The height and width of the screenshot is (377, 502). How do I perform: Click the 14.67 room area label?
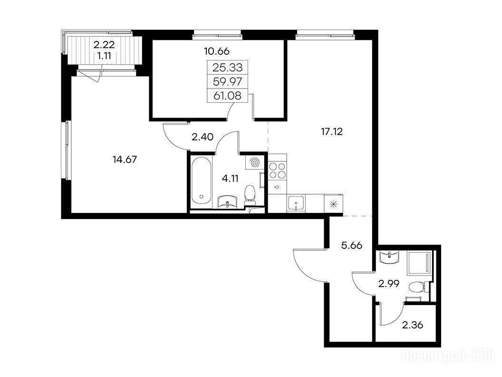pos(125,159)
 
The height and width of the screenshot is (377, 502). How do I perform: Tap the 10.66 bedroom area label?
pos(217,51)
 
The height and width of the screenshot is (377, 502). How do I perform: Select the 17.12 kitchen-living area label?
pos(332,131)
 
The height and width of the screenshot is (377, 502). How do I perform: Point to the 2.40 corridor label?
pos(203,137)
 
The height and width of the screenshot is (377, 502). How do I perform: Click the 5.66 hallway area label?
pos(351,246)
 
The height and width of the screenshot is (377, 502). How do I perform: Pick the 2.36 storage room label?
pos(413,326)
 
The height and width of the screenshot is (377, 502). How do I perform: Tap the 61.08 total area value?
pos(228,96)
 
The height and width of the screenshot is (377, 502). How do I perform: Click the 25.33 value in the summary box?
pos(228,67)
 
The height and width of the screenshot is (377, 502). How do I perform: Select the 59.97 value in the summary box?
pos(228,81)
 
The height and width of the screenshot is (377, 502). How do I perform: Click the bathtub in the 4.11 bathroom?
pos(202,182)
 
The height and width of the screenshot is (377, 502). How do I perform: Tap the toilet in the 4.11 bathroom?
pos(250,195)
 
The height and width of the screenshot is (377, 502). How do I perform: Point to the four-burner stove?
pos(278,170)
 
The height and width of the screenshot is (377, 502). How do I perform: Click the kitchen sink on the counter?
pos(296,203)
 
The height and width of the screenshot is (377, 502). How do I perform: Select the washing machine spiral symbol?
pos(255,162)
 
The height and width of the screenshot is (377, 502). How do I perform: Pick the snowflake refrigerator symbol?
pos(333,204)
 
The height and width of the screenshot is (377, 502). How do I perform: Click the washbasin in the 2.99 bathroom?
pos(389,257)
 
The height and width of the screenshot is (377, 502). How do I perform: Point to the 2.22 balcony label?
pos(104,45)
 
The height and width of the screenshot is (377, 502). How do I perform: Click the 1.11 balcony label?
pos(104,56)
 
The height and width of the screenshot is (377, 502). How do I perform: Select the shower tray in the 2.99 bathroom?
pos(419,263)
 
